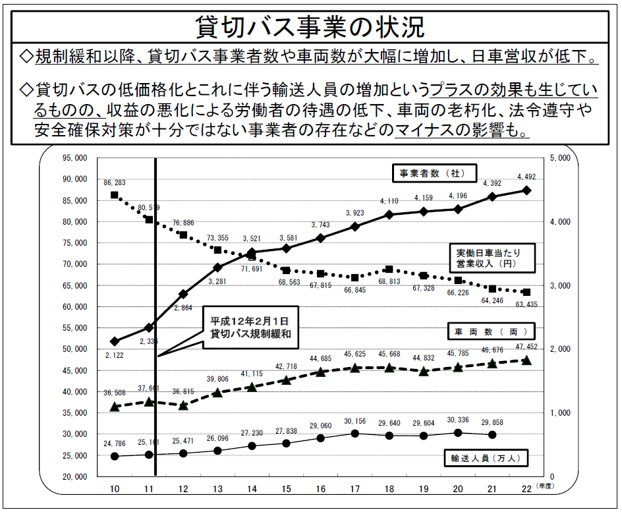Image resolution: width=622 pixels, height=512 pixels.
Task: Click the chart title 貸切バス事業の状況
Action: (310, 27)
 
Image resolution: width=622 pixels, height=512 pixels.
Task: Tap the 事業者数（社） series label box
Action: (429, 174)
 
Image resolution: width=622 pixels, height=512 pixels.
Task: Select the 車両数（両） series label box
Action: (492, 330)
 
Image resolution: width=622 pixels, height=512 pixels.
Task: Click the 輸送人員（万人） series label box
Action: (487, 457)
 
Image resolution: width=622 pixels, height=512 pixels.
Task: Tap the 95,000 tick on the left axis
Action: (74, 158)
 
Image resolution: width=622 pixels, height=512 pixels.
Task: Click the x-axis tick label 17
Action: (354, 489)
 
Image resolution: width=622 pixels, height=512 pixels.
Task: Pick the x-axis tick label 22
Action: (526, 489)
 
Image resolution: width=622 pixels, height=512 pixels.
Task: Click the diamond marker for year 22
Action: (526, 190)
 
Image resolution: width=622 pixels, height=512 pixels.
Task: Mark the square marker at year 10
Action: (115, 195)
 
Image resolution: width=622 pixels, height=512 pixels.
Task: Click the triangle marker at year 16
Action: (320, 372)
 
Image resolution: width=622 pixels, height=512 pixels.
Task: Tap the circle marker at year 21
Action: (492, 434)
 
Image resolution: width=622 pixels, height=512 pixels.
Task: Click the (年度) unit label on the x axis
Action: (544, 486)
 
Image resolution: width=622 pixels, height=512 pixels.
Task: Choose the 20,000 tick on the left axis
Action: (74, 476)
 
